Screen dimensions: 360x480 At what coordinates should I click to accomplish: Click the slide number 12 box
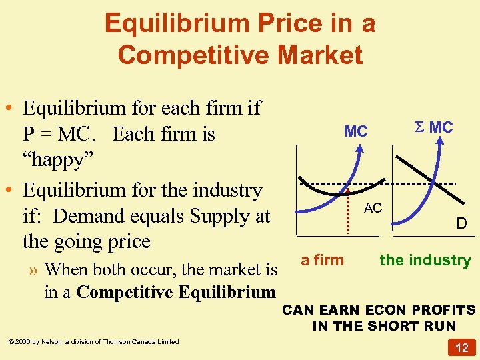pyautogui.click(x=461, y=347)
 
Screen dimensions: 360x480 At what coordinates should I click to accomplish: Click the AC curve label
pyautogui.click(x=373, y=209)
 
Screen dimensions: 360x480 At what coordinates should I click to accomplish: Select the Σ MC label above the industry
pyautogui.click(x=434, y=127)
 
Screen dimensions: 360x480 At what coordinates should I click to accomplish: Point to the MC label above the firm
pyautogui.click(x=356, y=131)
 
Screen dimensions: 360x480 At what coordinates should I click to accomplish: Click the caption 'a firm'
pyautogui.click(x=323, y=260)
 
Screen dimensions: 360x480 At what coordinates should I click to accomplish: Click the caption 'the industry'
pyautogui.click(x=425, y=260)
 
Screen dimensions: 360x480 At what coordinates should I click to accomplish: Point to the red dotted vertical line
pyautogui.click(x=349, y=211)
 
